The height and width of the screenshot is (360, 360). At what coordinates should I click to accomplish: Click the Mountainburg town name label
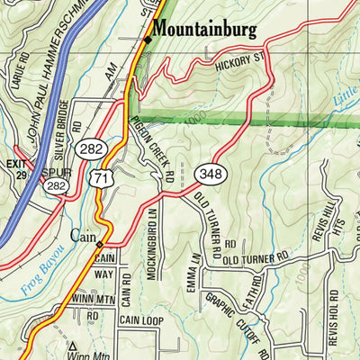coord(204,29)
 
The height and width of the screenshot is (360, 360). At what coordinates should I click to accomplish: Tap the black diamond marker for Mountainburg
coord(147,39)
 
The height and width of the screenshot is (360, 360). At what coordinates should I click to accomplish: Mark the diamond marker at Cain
coord(100,244)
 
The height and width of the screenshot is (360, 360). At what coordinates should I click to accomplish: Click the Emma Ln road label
coord(192,271)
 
